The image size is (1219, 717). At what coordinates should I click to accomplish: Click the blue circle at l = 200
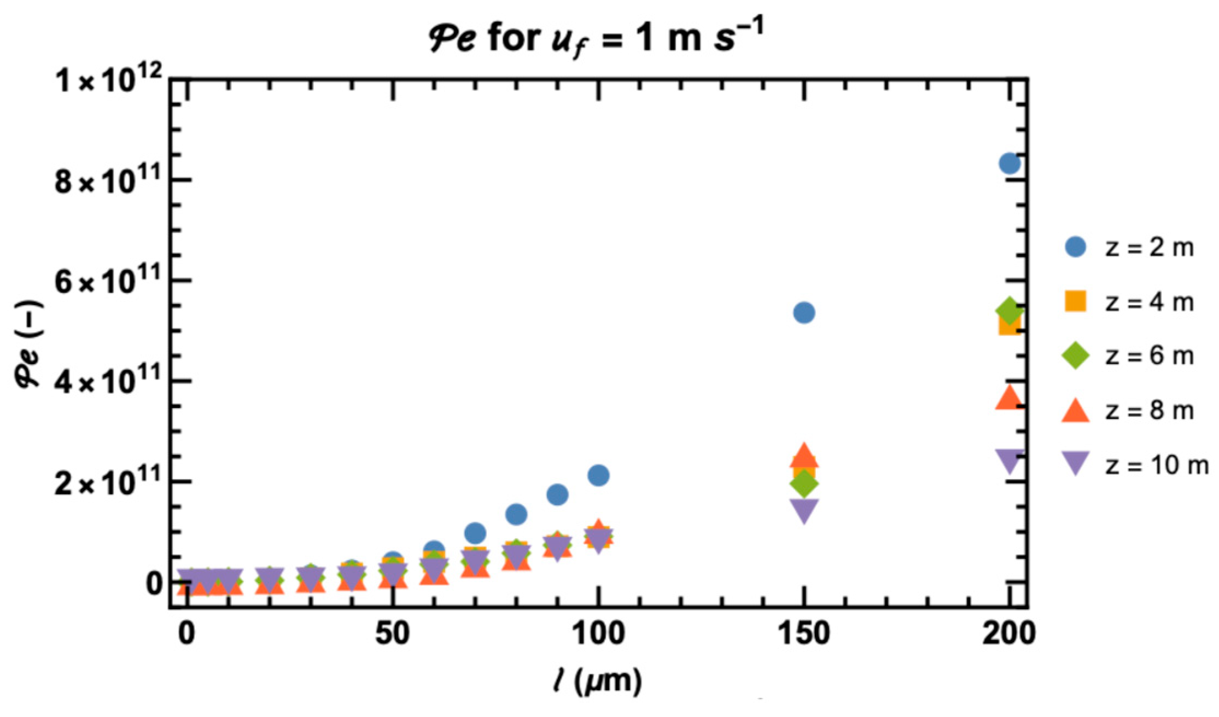point(1009,163)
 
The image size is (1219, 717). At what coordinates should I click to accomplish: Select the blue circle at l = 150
point(803,313)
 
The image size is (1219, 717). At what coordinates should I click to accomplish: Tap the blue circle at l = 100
point(598,475)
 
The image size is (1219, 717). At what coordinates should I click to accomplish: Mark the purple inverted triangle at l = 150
point(803,510)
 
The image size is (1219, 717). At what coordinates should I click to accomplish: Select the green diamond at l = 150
point(803,483)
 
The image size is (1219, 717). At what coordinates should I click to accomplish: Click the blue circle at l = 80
point(516,514)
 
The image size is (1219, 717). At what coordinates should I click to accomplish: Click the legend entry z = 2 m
point(1129,248)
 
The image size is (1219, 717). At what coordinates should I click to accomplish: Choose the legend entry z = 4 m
point(1129,302)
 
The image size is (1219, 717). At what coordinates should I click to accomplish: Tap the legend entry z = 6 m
point(1129,356)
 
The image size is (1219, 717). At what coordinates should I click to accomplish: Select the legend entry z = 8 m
point(1129,410)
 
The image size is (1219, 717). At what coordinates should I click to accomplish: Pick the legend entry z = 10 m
point(1135,465)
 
